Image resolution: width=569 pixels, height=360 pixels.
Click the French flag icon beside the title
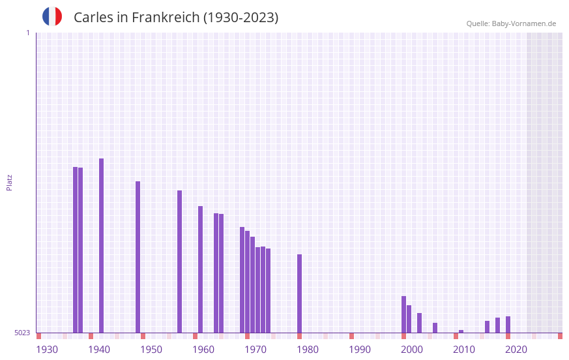coord(52,17)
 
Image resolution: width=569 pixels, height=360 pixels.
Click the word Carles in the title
coord(93,18)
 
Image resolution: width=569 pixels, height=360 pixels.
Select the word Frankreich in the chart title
coord(166,18)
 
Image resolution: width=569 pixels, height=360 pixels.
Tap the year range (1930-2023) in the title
coord(241,18)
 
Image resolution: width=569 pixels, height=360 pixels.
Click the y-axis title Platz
coord(9,182)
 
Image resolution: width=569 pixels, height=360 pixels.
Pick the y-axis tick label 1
coord(27,33)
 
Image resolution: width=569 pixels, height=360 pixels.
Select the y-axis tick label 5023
coord(22,333)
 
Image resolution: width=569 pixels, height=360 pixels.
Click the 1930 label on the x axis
coord(47,350)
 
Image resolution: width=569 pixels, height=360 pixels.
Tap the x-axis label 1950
coord(151,350)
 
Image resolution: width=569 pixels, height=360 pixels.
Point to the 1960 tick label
coord(203,350)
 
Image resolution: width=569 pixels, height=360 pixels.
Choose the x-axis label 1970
coord(255,350)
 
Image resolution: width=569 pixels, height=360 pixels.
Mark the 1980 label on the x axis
coord(308,350)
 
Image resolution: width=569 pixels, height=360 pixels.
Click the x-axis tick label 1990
coord(360,350)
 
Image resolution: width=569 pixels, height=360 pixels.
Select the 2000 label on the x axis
coord(412,350)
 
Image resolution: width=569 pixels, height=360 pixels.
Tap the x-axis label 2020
coord(516,350)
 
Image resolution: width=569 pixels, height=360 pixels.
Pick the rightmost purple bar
coord(508,324)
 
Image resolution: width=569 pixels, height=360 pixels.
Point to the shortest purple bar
coord(461,331)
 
